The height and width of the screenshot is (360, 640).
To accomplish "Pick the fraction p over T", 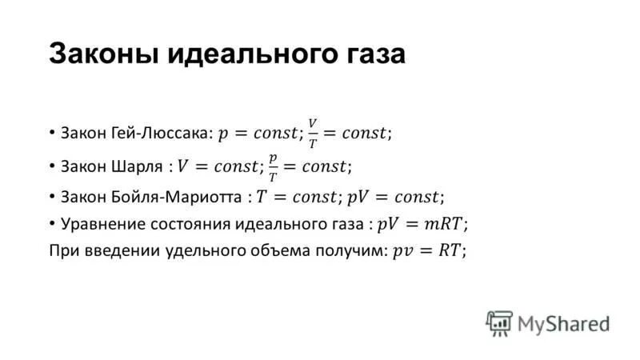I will [x=273, y=166].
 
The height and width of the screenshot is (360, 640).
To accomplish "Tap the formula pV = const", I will [x=394, y=196].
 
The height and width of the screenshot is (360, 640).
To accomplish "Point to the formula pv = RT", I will [x=425, y=250].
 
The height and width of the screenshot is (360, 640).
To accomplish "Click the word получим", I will [x=349, y=250].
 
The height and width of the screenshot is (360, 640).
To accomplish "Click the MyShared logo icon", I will [x=498, y=322].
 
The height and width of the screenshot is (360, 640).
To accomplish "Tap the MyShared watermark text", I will [x=563, y=323].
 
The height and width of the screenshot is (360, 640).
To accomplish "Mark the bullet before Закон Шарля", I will [x=53, y=166].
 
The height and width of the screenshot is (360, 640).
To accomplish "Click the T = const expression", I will [x=297, y=196].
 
